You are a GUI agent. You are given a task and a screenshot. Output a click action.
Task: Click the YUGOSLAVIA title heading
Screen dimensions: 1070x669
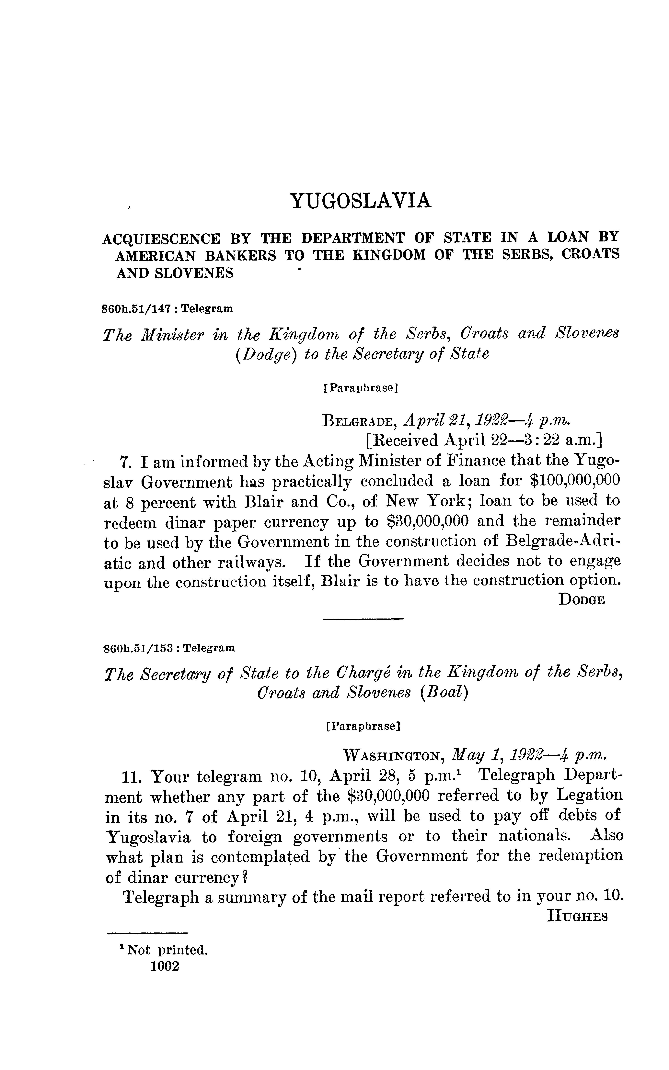tap(360, 201)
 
